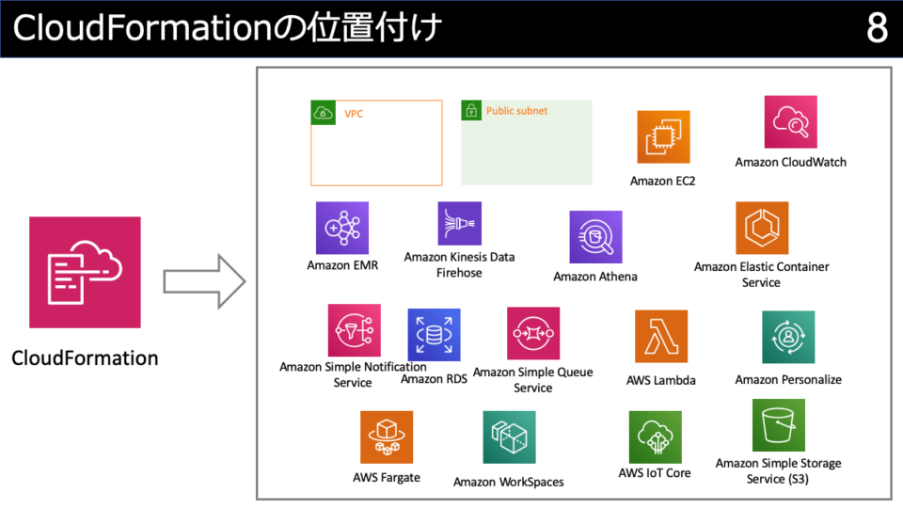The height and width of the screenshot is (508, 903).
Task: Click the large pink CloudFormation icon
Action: coord(85,273)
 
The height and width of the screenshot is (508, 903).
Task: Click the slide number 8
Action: coord(877,27)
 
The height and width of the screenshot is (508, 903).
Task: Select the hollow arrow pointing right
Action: coord(204,281)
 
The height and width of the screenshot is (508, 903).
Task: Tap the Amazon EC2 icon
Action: coord(663,137)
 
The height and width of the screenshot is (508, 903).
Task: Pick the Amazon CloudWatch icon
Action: coord(791,122)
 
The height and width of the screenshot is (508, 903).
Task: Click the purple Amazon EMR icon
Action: coord(342,228)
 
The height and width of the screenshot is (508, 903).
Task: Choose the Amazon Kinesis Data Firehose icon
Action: coord(460,224)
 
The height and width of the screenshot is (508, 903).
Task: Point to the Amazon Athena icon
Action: coord(596,237)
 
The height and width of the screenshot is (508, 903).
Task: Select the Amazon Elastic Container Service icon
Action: coord(762,228)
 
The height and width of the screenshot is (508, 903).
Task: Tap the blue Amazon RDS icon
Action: coord(435,335)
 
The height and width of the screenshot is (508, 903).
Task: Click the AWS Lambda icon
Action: coord(661,337)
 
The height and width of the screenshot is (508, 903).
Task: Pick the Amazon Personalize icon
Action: coord(788,337)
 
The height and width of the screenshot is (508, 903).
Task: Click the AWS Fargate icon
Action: coord(387,437)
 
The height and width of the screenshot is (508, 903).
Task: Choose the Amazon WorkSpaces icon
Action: coord(509,437)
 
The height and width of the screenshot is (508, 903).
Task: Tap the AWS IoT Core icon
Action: coord(656,437)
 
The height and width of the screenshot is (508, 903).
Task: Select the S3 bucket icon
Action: coord(779,425)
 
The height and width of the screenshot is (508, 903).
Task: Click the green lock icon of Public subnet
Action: coord(471,111)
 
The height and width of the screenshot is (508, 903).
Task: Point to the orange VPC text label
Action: coord(354,114)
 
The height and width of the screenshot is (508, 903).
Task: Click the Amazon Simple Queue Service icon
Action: coord(533,333)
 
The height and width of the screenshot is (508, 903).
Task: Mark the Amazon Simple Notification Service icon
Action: coord(355,330)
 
